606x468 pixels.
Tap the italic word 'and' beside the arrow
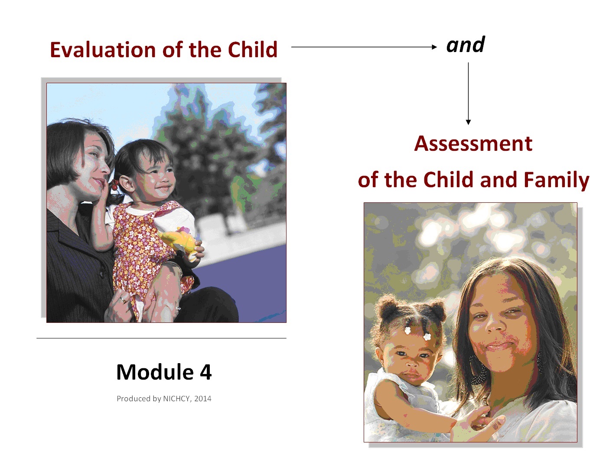pos(466,45)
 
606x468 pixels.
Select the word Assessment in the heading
pos(473,143)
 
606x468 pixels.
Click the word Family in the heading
pos(557,180)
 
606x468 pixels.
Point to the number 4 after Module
pos(206,372)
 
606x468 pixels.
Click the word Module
pos(155,372)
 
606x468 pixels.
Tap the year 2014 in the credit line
pos(203,399)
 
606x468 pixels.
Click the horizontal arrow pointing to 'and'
pos(364,47)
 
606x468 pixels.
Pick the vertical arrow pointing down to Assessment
pos(468,93)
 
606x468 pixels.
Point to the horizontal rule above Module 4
pos(161,338)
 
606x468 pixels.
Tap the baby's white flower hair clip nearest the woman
pos(427,337)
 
